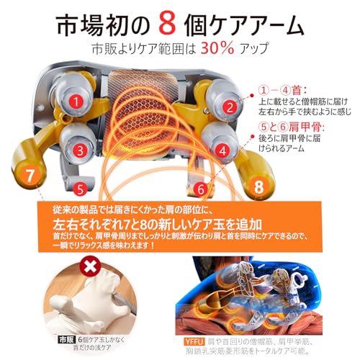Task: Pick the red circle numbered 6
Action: (x=202, y=189)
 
